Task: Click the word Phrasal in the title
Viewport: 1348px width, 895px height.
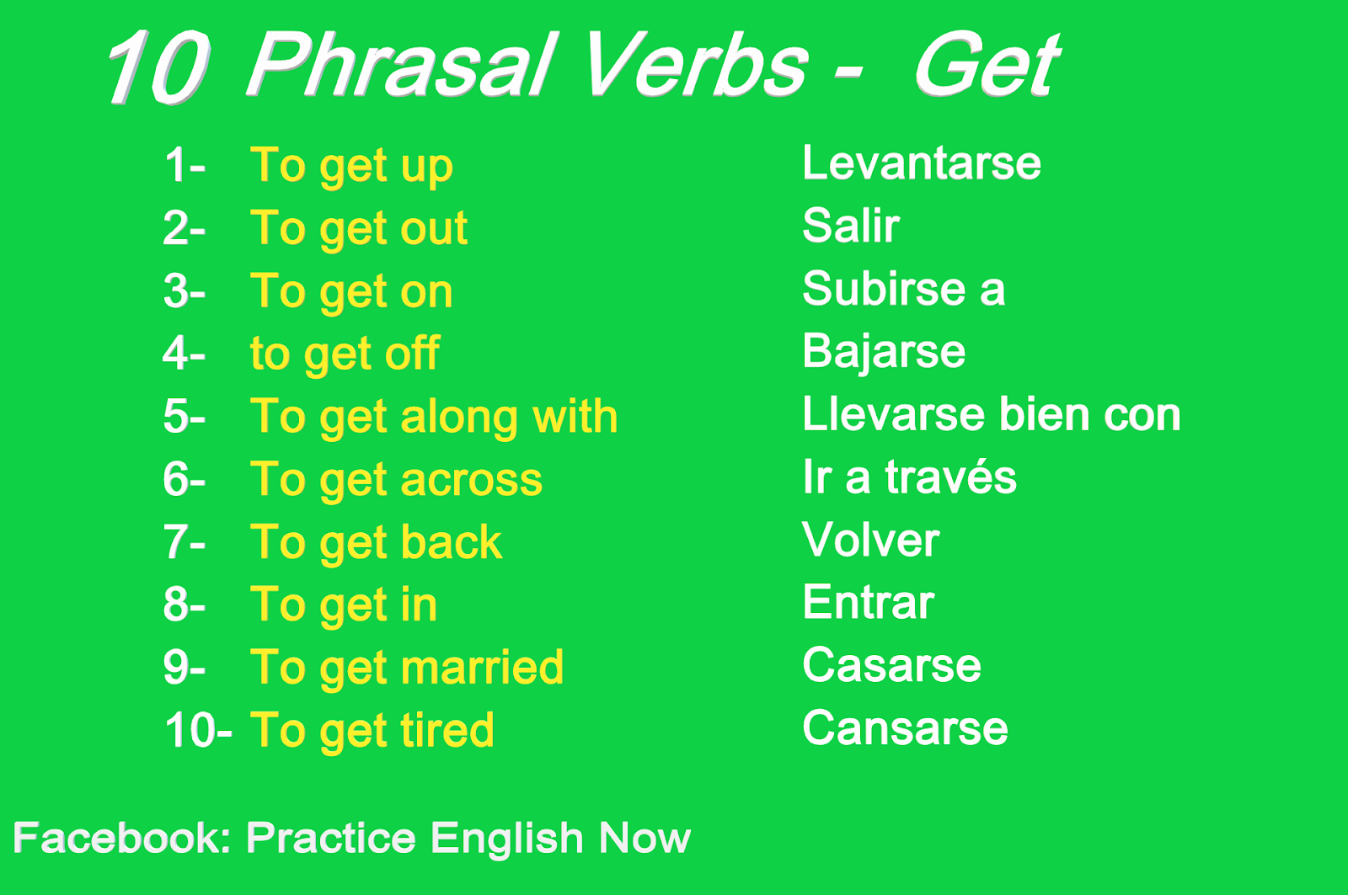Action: (x=403, y=66)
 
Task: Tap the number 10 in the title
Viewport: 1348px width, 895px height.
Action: (x=158, y=67)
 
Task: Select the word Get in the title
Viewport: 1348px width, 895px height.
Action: (x=986, y=66)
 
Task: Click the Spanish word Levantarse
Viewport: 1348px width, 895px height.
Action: (x=921, y=162)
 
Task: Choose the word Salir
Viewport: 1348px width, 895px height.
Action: (x=851, y=226)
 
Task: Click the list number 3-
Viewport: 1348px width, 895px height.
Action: (x=184, y=291)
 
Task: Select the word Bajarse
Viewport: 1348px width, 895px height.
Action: (x=883, y=352)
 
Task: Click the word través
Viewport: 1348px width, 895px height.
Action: (x=950, y=477)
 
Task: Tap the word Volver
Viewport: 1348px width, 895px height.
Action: (x=870, y=540)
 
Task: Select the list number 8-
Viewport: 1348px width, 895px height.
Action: (x=184, y=605)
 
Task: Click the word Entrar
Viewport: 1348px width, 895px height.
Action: (x=868, y=603)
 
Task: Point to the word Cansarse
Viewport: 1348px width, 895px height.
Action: (x=904, y=728)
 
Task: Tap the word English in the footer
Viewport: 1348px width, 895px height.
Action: (x=506, y=839)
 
